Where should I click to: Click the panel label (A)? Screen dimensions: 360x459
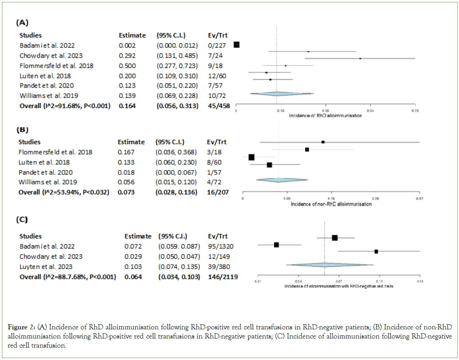point(22,23)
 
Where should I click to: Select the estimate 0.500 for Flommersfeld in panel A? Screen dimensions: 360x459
point(127,66)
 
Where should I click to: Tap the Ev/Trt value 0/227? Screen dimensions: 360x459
point(216,46)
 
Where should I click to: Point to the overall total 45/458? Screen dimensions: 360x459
point(218,106)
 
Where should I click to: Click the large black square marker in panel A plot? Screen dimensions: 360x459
point(236,45)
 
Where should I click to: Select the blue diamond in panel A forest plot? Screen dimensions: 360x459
point(276,94)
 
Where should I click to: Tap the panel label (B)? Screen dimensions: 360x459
point(22,130)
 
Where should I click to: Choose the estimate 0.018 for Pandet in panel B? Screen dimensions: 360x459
point(126,172)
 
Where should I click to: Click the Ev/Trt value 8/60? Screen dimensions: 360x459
point(214,162)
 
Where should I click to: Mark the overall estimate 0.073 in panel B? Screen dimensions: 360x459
point(126,193)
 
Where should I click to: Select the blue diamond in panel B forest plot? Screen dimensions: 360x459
point(279,180)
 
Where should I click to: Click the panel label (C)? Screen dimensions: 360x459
point(22,220)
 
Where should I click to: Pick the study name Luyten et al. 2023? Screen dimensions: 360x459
point(46,267)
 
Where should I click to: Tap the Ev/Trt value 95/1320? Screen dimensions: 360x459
point(219,247)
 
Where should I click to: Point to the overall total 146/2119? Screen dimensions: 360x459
point(223,277)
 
